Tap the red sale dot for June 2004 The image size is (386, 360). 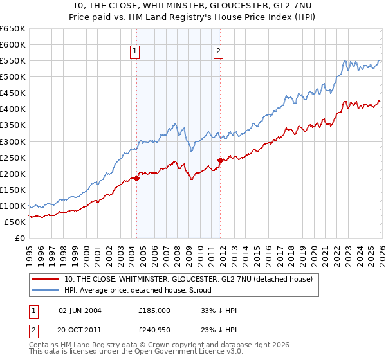136,178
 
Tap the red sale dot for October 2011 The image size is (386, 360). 220,160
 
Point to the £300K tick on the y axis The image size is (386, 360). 13,141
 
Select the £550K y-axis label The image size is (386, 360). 13,61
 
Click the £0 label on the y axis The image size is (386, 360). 21,239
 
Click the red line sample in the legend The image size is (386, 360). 46,279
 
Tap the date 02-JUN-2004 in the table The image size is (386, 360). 80,310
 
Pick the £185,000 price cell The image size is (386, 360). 154,310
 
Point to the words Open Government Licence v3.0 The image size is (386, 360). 179,353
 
